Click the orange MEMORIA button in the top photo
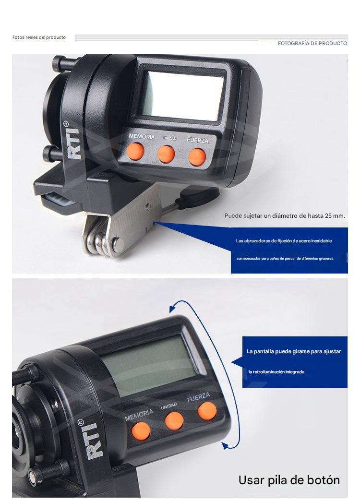[x=135, y=151]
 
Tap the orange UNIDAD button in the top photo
[x=166, y=154]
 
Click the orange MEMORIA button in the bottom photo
[x=141, y=431]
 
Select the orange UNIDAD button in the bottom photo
[x=174, y=421]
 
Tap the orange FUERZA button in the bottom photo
[x=207, y=411]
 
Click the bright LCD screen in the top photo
[x=182, y=95]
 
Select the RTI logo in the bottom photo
[x=93, y=440]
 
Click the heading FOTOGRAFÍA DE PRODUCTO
[x=312, y=44]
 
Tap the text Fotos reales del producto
[x=39, y=37]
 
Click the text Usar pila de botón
[x=289, y=480]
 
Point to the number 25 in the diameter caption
[x=328, y=215]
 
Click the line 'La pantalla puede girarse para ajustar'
[x=293, y=351]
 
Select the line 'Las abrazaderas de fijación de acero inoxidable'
[x=284, y=241]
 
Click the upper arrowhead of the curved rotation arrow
[x=173, y=308]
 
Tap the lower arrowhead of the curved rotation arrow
[x=226, y=445]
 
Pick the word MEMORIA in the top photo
[x=142, y=136]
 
